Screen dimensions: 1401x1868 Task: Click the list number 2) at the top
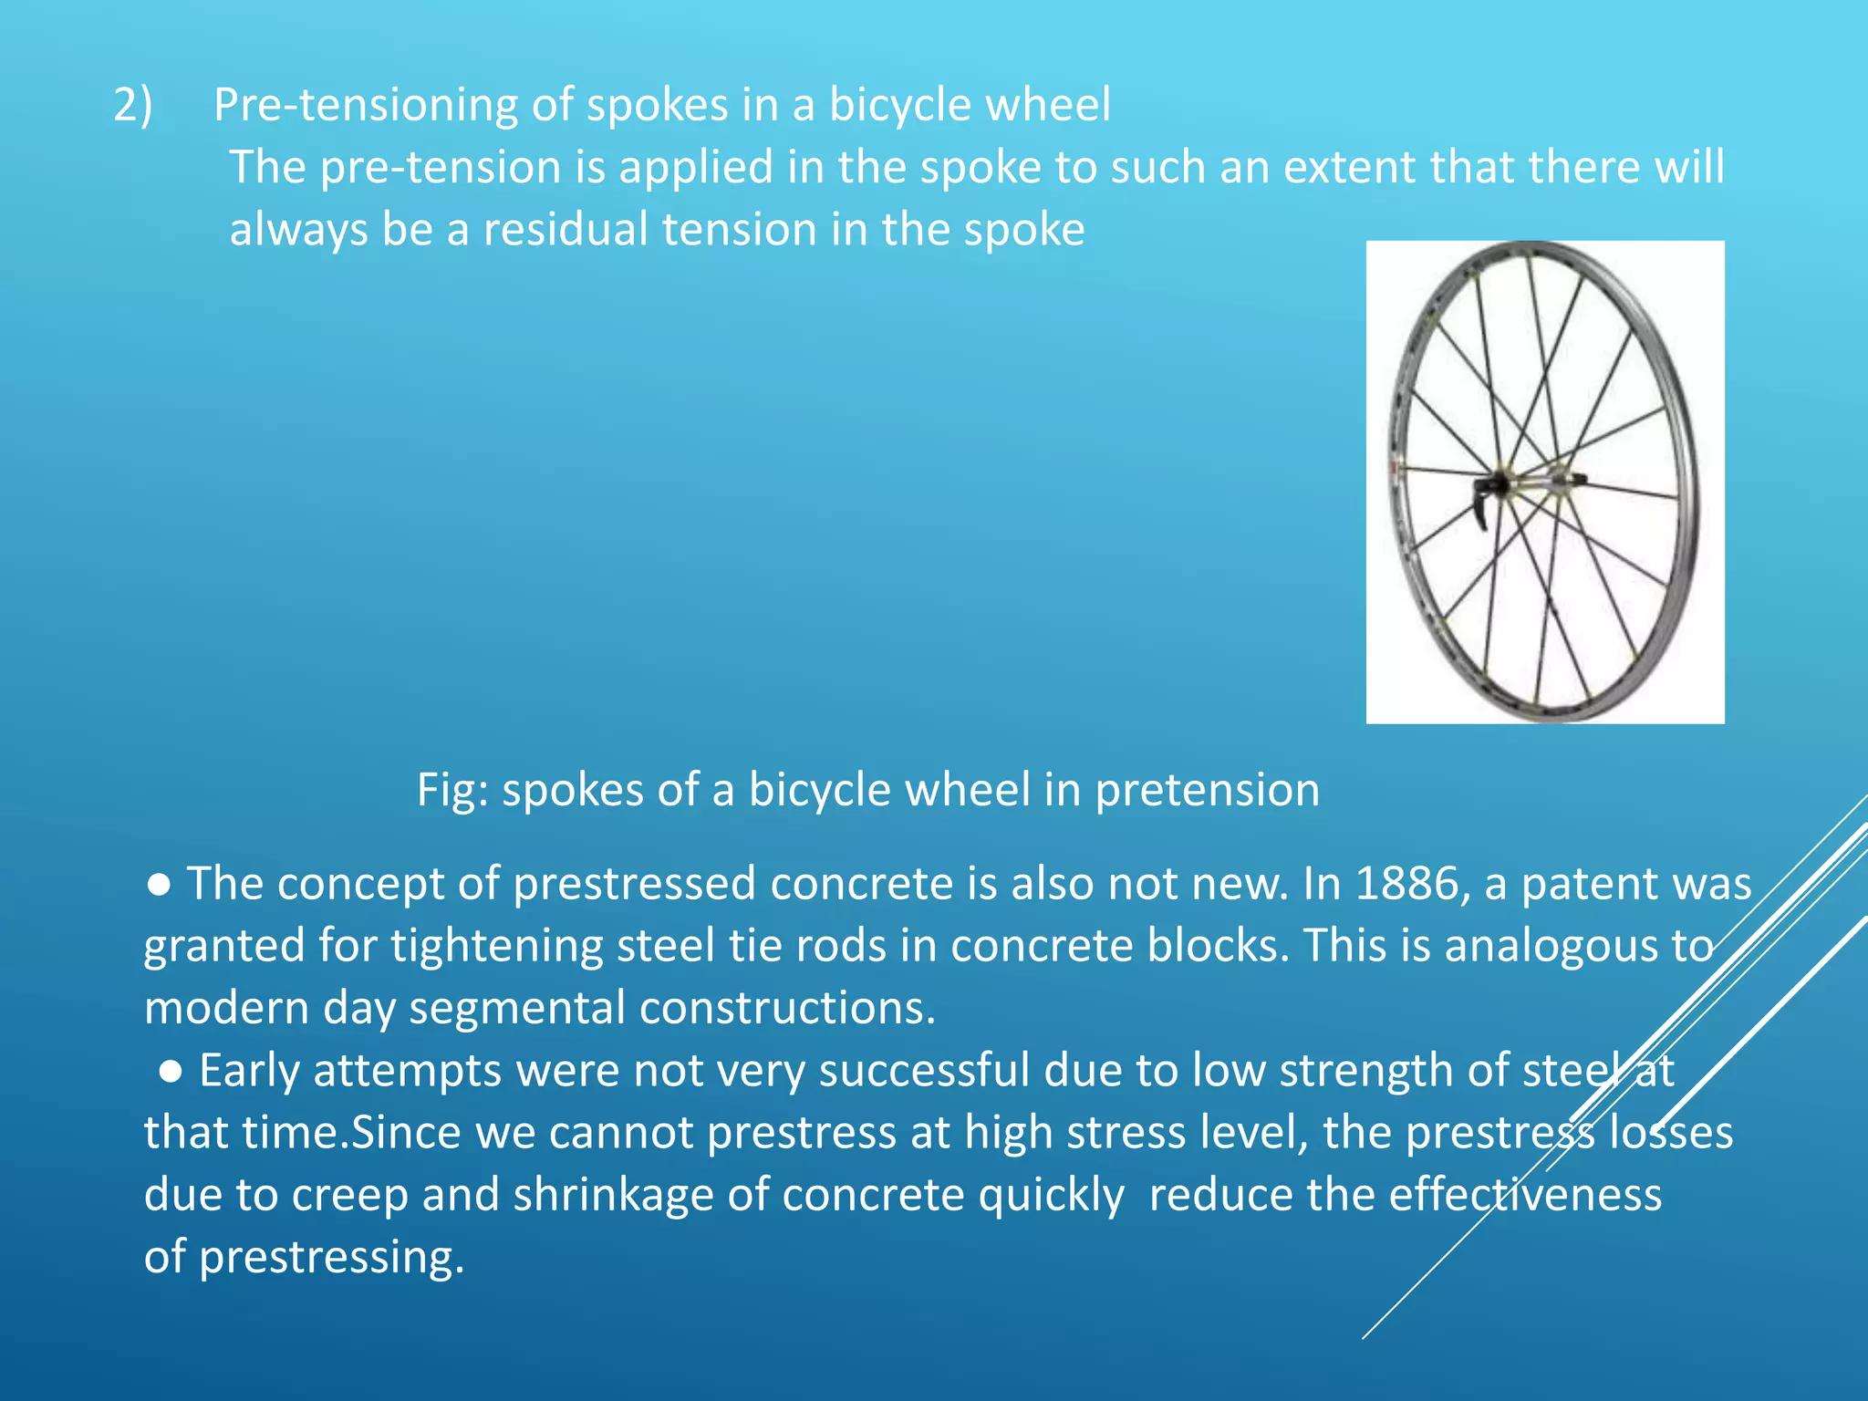point(133,105)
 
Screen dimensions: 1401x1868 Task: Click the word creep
point(350,1196)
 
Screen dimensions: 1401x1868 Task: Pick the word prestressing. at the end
point(331,1258)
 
